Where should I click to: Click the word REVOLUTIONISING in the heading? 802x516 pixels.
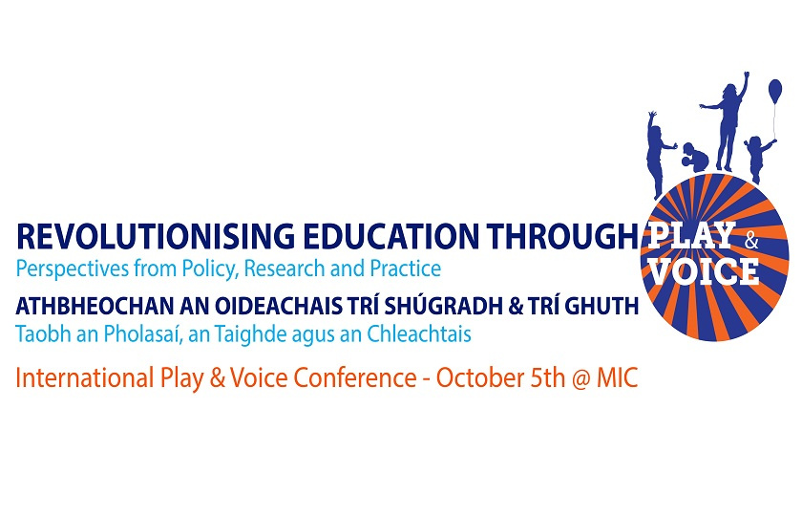click(x=156, y=236)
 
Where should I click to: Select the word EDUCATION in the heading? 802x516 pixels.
click(x=390, y=236)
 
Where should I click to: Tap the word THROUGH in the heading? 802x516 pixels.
click(x=562, y=236)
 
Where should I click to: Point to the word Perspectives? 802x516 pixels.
click(x=73, y=269)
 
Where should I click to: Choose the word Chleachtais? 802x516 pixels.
click(x=419, y=334)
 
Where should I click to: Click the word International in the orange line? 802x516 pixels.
click(x=85, y=378)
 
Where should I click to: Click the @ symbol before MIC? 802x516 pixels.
click(x=581, y=379)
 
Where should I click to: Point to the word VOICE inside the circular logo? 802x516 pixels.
click(x=704, y=270)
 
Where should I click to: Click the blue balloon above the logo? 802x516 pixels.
click(x=775, y=90)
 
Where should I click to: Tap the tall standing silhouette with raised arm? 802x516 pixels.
click(x=728, y=123)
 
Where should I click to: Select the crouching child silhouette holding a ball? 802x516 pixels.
click(x=695, y=155)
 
